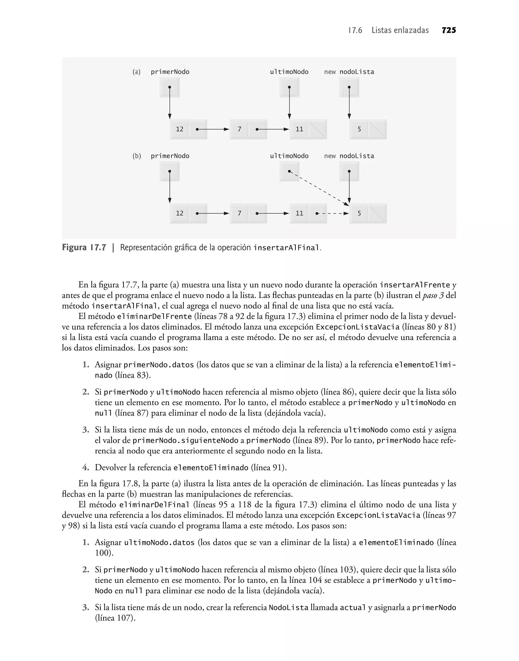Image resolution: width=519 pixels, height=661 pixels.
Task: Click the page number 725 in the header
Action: pos(449,30)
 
